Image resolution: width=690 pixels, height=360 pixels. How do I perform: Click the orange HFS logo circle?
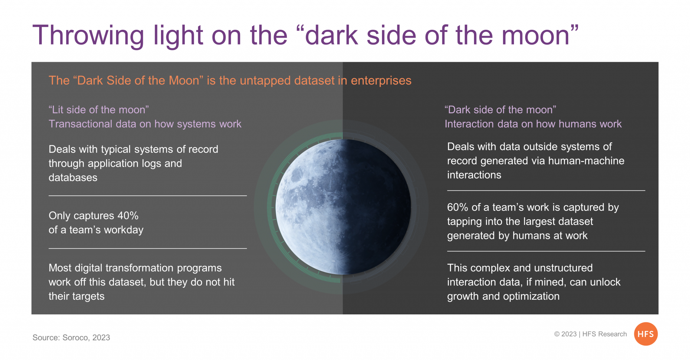[x=646, y=334]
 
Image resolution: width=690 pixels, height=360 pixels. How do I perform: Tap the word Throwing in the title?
[x=88, y=36]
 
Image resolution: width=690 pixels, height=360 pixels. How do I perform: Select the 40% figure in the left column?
[x=128, y=216]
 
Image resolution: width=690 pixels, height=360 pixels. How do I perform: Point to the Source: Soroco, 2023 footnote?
[x=71, y=338]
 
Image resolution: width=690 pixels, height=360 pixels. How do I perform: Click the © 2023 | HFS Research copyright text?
[x=590, y=334]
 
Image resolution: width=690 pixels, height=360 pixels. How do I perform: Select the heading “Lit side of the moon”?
[x=99, y=110]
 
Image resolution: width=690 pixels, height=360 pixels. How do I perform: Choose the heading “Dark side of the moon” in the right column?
[x=500, y=110]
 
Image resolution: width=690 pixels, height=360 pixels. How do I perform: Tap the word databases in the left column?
[x=73, y=177]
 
